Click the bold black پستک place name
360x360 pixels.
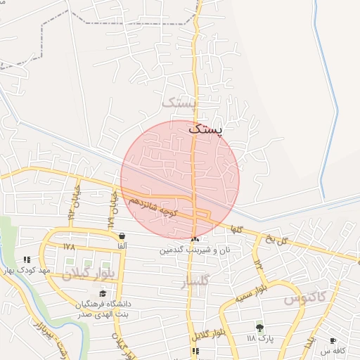pyautogui.click(x=204, y=130)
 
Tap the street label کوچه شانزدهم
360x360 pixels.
pyautogui.click(x=152, y=205)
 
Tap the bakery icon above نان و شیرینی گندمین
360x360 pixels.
pyautogui.click(x=195, y=240)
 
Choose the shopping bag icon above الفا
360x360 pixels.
pyautogui.click(x=122, y=236)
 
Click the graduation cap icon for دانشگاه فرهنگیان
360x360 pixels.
pyautogui.click(x=103, y=293)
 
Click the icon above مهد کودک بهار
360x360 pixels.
pyautogui.click(x=27, y=259)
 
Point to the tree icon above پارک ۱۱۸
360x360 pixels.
pyautogui.click(x=259, y=327)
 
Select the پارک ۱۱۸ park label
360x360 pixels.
pyautogui.click(x=259, y=338)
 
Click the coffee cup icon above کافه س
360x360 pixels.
pyautogui.click(x=333, y=340)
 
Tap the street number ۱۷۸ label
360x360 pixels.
pyautogui.click(x=68, y=247)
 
